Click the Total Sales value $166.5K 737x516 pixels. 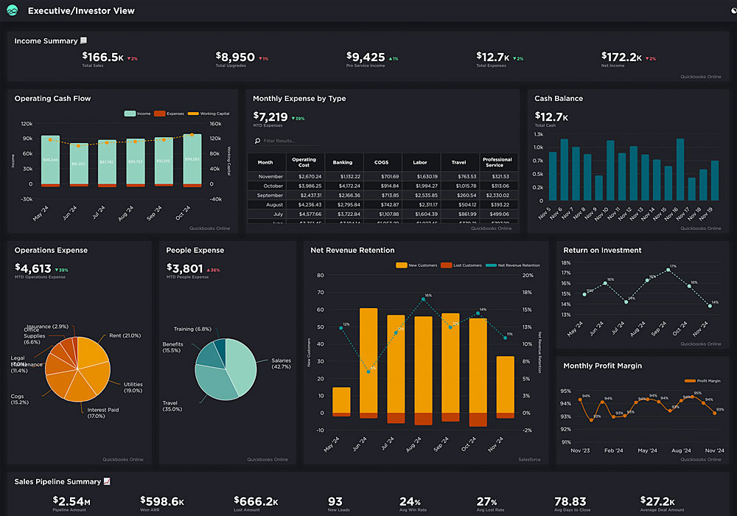[x=102, y=57]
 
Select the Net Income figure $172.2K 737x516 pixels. [x=621, y=57]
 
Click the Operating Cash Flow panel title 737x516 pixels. [x=52, y=99]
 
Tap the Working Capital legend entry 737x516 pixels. [x=209, y=114]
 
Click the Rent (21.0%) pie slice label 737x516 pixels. [x=125, y=335]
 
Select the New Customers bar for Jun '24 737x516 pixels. [x=368, y=361]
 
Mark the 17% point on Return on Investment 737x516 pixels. [x=668, y=270]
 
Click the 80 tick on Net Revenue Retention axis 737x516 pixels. [x=320, y=275]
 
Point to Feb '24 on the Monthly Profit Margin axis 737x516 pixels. [x=615, y=450]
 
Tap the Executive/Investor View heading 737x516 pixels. [x=81, y=11]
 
